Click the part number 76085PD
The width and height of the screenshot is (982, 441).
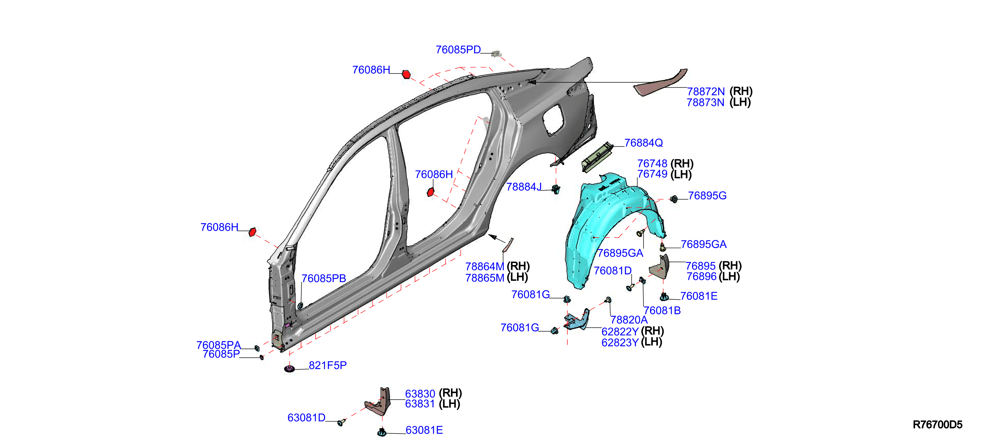[458, 50]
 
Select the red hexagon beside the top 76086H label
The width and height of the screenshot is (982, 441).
[406, 74]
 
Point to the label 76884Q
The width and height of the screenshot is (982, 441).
[643, 143]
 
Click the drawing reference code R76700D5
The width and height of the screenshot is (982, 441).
[937, 425]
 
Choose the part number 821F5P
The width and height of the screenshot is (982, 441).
[328, 365]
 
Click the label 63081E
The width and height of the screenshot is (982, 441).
[424, 430]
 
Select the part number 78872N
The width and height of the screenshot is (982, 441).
[706, 92]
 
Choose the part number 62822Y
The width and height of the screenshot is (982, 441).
[620, 331]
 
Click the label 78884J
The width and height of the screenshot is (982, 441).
[524, 187]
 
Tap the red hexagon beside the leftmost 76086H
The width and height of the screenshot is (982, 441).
[252, 232]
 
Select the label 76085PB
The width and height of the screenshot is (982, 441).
[324, 278]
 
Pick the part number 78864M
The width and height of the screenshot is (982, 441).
[485, 266]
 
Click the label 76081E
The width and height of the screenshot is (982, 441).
[699, 296]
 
